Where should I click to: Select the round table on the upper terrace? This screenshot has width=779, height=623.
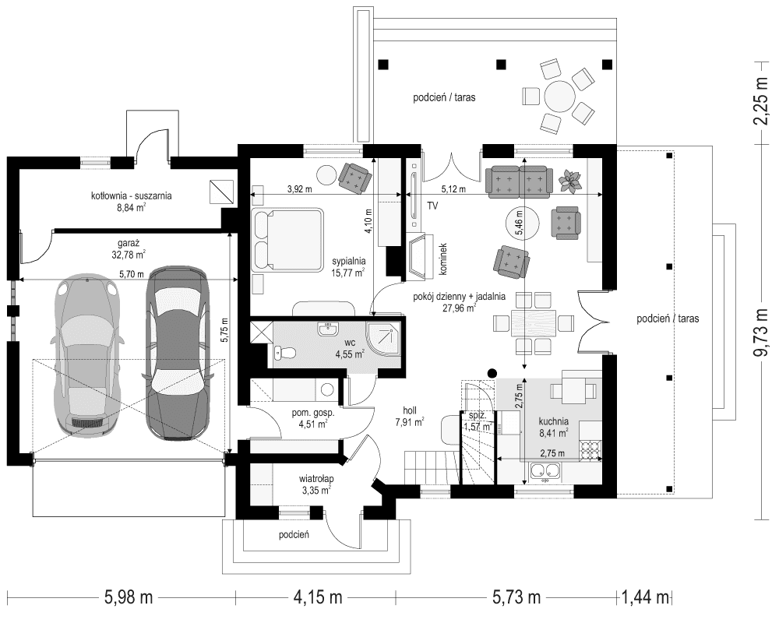tap(559, 98)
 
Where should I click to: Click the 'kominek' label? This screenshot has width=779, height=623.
tap(441, 256)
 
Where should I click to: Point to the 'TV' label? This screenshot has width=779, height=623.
tap(432, 206)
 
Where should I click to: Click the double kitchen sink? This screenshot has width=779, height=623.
tap(545, 470)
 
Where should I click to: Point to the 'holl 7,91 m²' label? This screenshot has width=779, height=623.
tap(409, 417)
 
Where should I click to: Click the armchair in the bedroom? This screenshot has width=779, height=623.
tap(354, 178)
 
